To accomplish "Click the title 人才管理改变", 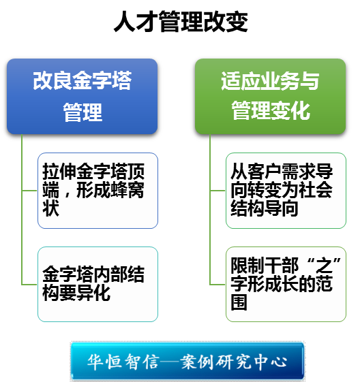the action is [181, 21].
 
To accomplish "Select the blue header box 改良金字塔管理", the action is [82, 96].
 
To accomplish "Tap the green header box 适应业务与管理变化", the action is [270, 96].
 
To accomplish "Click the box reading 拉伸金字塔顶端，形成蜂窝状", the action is [97, 191].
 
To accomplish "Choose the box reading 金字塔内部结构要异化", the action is [97, 285].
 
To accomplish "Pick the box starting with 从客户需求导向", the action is [286, 191].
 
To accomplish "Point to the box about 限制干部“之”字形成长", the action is [286, 285].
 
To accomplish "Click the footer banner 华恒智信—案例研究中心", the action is [187, 361].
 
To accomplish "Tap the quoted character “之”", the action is [324, 265].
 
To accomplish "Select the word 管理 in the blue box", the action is [82, 112].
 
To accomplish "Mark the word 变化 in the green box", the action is [290, 111].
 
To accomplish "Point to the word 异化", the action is [93, 293].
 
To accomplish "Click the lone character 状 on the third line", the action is [50, 208].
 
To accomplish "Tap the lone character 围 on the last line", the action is [239, 302].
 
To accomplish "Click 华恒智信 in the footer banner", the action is [123, 362].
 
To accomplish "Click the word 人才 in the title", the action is [136, 21].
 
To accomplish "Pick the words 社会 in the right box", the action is [316, 190].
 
